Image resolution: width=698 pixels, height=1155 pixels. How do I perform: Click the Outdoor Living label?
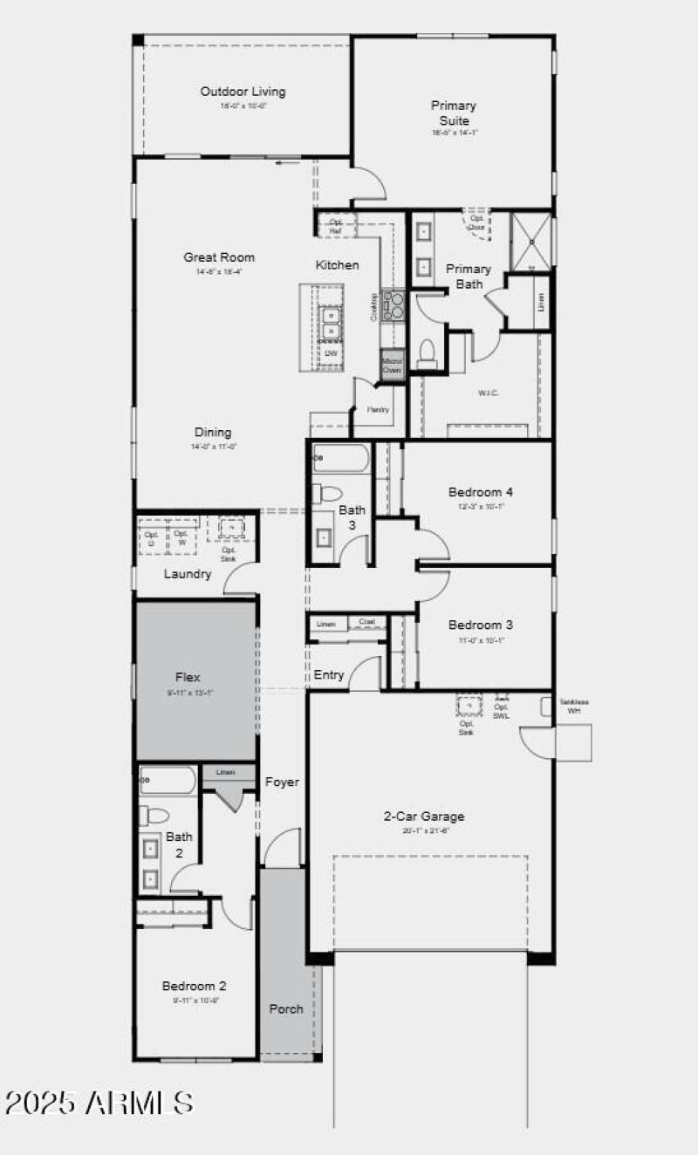point(243,92)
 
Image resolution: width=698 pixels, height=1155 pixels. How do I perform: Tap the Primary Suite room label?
point(454,113)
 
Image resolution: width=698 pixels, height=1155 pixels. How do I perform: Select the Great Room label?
point(219,257)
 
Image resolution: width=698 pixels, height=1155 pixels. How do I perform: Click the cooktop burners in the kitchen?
point(394,304)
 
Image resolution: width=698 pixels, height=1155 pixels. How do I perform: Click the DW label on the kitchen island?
point(331,353)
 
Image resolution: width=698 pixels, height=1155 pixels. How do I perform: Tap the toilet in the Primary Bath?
point(428,352)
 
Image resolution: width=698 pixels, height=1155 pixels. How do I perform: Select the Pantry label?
point(378,409)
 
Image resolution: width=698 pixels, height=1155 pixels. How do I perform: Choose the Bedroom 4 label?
point(481,492)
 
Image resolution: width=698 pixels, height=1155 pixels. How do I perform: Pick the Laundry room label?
point(188,574)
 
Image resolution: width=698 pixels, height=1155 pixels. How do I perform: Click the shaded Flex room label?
point(188,677)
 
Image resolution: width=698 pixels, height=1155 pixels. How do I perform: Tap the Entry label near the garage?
point(329,675)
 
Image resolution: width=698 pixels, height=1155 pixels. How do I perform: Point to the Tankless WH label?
point(573,706)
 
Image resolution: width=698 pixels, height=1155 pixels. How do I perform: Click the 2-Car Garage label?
point(424,817)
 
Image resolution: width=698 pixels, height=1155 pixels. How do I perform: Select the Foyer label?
point(282,783)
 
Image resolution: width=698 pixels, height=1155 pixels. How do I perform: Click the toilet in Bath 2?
point(155,816)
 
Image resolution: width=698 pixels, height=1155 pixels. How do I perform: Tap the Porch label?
point(286,1008)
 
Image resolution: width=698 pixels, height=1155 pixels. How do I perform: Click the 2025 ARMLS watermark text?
point(99,1103)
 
